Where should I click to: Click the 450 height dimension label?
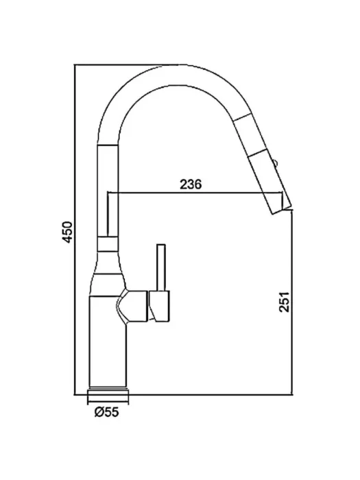[x=68, y=232]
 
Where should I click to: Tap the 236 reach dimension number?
[x=191, y=184]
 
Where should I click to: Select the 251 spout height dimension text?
[x=284, y=302]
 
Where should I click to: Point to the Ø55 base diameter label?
[x=106, y=412]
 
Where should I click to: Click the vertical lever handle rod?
[x=161, y=267]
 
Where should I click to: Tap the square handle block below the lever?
[x=159, y=306]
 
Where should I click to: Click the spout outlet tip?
[x=283, y=211]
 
